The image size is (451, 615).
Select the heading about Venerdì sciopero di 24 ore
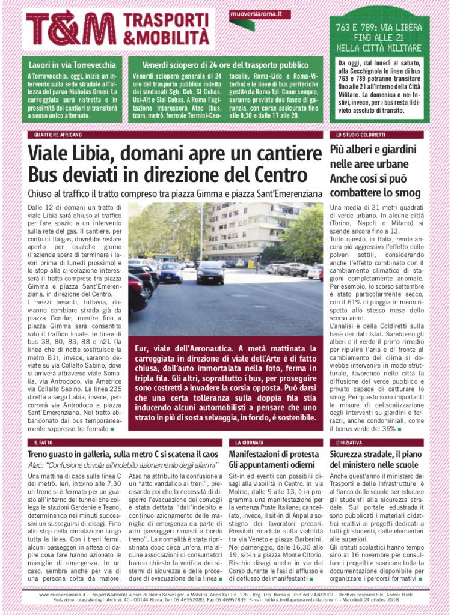[226, 65]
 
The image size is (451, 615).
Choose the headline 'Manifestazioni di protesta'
[274, 454]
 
